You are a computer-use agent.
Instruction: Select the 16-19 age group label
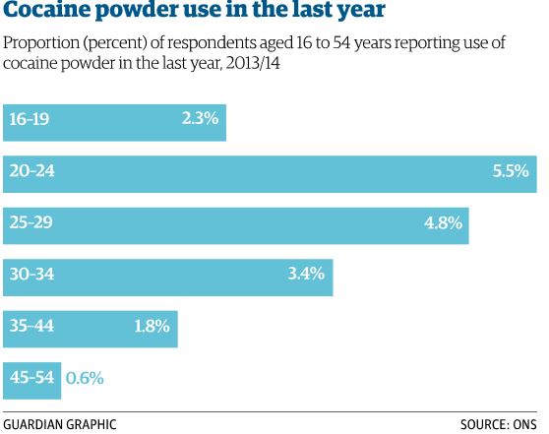(x=29, y=120)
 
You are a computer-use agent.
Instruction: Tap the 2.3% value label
(x=200, y=120)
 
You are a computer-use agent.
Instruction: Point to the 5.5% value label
(x=511, y=171)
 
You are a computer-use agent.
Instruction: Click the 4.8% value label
(x=443, y=222)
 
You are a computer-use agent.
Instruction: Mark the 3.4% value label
(x=306, y=274)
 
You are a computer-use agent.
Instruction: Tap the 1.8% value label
(x=152, y=325)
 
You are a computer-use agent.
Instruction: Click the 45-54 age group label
(x=31, y=377)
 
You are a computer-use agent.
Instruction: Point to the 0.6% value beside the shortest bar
(x=85, y=377)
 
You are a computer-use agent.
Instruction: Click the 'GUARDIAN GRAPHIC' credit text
(x=60, y=424)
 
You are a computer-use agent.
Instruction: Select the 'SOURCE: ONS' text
(x=499, y=424)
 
